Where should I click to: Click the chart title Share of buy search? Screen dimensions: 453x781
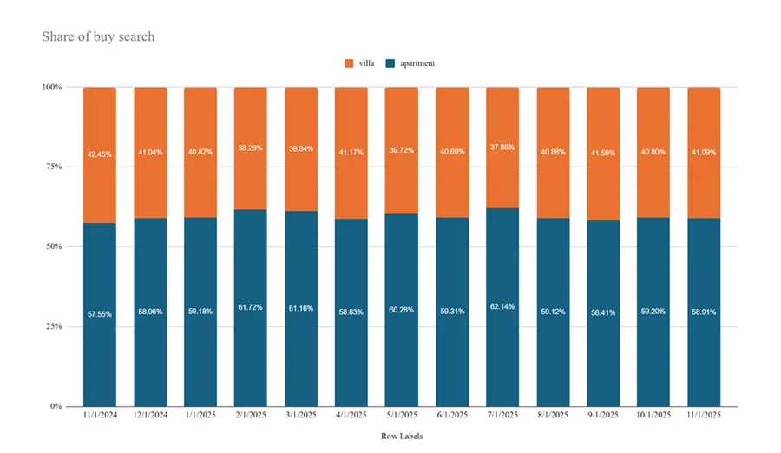point(98,36)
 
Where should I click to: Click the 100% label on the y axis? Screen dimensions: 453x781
point(51,88)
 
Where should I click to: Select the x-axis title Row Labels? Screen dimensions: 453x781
point(402,437)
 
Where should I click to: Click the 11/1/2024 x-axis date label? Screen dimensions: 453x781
point(100,416)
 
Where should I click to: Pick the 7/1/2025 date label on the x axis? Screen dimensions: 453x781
point(502,416)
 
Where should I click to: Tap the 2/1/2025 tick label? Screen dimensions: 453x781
point(251,416)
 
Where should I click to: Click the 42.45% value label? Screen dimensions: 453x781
point(100,155)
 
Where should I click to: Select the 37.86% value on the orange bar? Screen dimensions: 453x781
point(502,148)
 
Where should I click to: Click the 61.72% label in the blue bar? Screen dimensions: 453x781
point(251,308)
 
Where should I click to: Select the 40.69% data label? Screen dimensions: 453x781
point(452,152)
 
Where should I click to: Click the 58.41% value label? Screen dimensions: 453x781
point(603,313)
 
